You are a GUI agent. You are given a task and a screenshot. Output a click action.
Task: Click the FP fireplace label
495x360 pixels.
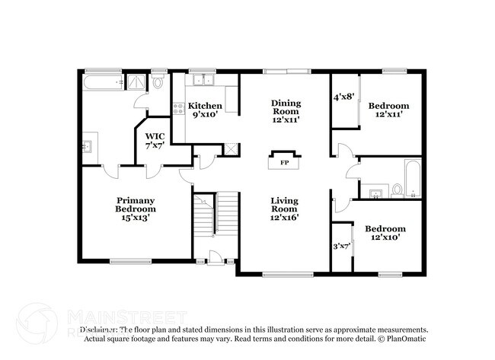click(284, 163)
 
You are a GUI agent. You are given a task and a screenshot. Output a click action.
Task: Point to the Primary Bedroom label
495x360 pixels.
click(136, 209)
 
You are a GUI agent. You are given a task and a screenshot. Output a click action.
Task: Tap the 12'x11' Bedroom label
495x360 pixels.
click(388, 110)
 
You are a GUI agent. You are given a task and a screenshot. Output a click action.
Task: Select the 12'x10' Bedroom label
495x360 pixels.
click(385, 234)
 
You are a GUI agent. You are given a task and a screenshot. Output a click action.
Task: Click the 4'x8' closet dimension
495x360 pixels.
click(344, 97)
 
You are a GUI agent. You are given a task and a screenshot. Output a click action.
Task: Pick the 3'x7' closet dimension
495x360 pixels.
click(342, 247)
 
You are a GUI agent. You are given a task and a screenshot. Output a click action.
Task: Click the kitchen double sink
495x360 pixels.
click(203, 79)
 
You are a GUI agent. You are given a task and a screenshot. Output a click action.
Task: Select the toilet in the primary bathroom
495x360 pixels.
click(158, 82)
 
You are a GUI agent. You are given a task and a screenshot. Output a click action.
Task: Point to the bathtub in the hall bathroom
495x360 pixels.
click(410, 179)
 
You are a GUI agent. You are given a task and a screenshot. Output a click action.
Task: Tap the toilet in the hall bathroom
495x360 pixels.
click(396, 190)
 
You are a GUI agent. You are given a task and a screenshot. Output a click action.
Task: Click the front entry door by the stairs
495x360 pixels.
click(216, 260)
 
